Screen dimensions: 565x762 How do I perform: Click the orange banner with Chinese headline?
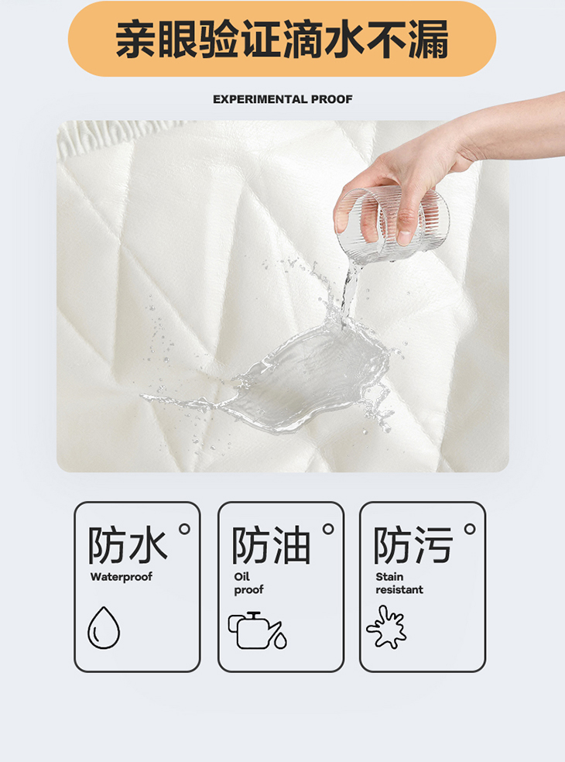pos(282,39)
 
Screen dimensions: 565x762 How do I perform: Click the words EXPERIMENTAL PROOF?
pos(282,99)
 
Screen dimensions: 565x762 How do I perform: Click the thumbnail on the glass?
pos(404,237)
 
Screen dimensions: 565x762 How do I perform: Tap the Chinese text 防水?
pos(127,545)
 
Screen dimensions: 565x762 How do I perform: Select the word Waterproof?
pos(121,577)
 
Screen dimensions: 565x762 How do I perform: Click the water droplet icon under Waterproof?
pos(104,627)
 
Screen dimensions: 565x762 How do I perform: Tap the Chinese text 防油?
pos(271,545)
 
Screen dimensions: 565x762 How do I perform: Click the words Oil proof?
pos(248,583)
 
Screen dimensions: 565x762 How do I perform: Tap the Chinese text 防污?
pos(413,545)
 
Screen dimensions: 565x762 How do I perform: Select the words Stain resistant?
pos(399,583)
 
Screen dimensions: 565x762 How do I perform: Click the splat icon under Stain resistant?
pos(387,627)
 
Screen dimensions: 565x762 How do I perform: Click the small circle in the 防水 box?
pos(185,529)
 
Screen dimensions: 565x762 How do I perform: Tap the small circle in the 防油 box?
pos(328,529)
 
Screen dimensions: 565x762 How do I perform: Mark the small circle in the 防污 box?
pos(470,529)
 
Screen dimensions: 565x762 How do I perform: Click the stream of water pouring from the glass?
pos(350,292)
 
